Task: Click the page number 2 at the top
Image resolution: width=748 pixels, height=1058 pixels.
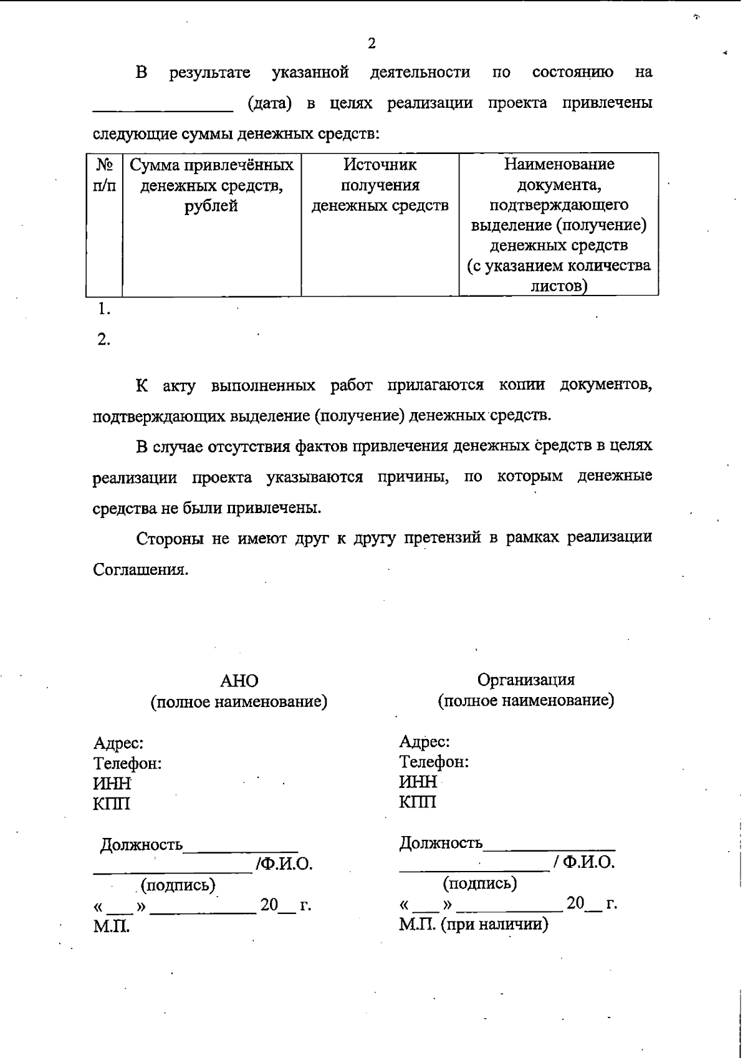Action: tap(372, 43)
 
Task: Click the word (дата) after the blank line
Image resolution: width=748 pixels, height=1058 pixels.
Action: tap(269, 103)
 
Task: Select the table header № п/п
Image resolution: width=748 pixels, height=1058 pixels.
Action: tap(104, 175)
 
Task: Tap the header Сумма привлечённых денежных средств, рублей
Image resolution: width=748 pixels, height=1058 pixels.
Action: tap(211, 185)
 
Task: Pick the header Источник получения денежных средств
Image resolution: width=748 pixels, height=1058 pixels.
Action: tap(380, 185)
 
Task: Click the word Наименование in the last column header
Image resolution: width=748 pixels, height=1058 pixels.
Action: tap(559, 164)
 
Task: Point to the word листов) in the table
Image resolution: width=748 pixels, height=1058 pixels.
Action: tap(559, 286)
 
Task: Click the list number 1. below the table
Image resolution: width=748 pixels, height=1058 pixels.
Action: tap(103, 309)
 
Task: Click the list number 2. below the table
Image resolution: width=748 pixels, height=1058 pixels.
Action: tap(103, 340)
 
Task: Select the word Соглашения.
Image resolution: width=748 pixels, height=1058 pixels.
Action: tap(140, 570)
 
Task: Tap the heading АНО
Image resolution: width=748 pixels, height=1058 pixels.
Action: tap(239, 681)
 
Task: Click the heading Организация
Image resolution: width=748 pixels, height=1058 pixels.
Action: tap(525, 680)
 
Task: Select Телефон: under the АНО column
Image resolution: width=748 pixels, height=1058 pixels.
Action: tap(127, 764)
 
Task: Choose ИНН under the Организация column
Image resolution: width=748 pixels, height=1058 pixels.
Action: tap(418, 782)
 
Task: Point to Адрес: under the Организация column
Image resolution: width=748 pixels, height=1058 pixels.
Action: tap(424, 742)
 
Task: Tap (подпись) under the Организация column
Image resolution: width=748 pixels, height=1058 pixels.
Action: tap(479, 883)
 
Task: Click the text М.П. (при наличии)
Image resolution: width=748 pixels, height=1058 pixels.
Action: tap(473, 924)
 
